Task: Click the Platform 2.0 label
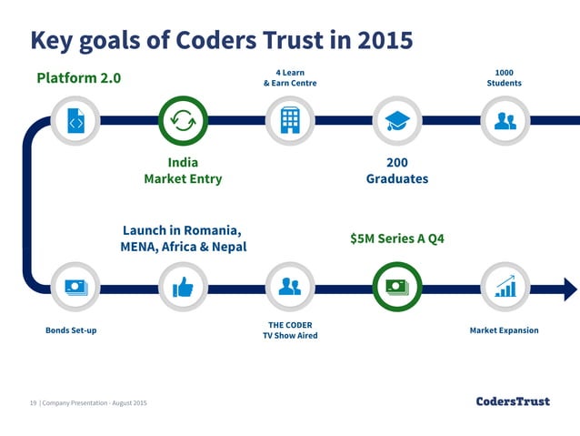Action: point(78,77)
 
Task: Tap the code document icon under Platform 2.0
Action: point(76,120)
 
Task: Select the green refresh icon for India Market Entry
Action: point(183,120)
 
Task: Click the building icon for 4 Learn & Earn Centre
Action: point(290,120)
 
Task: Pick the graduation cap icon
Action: point(397,120)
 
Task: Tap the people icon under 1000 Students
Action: point(505,120)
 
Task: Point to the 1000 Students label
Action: point(504,77)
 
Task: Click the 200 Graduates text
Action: point(396,171)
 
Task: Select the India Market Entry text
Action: point(183,171)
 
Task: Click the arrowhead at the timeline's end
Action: point(570,289)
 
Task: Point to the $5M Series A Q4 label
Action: point(397,239)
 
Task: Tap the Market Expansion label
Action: point(504,330)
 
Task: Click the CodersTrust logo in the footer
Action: point(513,401)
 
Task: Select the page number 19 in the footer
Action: point(33,402)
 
